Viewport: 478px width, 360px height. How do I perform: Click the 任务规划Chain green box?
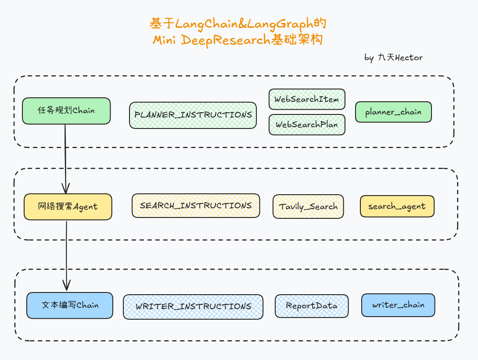[66, 111]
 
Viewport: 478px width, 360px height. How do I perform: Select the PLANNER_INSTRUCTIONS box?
[193, 115]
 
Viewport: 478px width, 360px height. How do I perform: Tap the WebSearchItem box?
[307, 99]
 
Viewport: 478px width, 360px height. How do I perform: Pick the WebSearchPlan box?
[307, 125]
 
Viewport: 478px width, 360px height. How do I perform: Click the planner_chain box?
[393, 112]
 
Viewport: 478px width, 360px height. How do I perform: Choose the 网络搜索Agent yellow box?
[68, 207]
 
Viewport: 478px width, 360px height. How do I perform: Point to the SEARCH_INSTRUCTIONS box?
[196, 206]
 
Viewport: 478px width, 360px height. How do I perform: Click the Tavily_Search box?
[308, 207]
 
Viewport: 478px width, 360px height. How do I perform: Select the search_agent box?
[397, 207]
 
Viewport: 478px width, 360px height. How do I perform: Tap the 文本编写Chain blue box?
[70, 305]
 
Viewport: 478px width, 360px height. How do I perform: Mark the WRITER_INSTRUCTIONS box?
[193, 307]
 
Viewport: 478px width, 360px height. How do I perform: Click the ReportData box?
[312, 306]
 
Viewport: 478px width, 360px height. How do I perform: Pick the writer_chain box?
[398, 305]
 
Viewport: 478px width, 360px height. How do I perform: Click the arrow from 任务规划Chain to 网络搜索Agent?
[65, 158]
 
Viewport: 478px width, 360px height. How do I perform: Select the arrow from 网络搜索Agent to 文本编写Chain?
[66, 254]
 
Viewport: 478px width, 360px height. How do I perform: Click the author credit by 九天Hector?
[393, 57]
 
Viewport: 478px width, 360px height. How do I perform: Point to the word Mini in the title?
[165, 40]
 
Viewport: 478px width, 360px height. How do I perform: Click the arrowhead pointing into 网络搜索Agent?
[66, 189]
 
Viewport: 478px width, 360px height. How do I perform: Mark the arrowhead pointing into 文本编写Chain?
[66, 286]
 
